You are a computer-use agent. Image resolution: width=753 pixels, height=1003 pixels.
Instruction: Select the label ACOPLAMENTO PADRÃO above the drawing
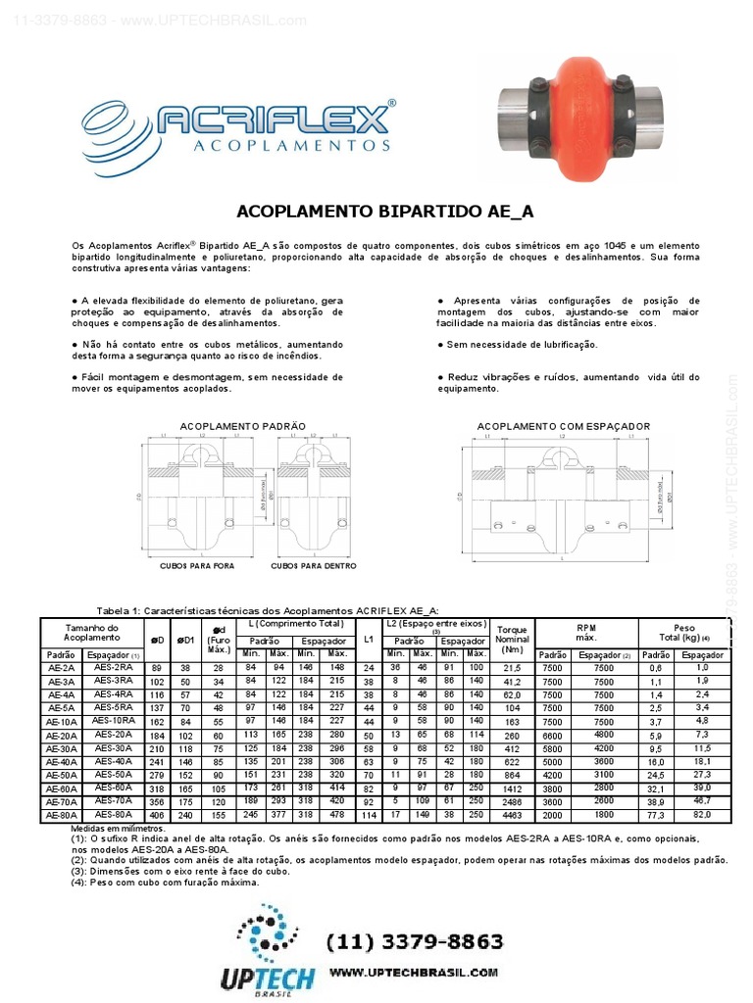point(242,427)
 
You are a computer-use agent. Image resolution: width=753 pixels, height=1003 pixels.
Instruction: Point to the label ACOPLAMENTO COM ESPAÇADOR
point(563,427)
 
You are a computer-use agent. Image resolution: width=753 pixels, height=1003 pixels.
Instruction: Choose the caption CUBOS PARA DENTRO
point(311,565)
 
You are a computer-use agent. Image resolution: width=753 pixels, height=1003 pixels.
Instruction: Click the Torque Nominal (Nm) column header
point(512,639)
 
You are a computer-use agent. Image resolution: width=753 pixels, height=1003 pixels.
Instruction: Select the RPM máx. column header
point(585,632)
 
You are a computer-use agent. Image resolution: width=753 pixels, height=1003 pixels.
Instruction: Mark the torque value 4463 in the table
point(512,814)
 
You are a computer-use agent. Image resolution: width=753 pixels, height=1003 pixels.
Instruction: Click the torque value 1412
point(512,788)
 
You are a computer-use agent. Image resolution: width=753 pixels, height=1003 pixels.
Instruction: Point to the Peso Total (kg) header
point(683,632)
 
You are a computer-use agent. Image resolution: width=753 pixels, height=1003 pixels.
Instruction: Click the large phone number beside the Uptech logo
point(415,941)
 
